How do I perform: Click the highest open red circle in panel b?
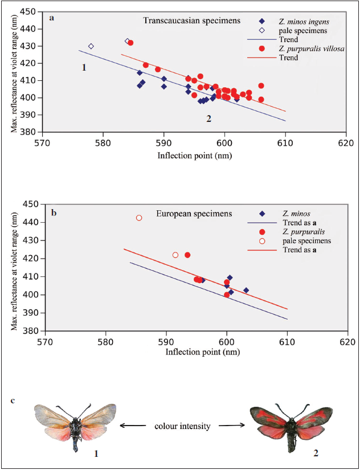138,218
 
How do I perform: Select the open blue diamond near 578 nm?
91,46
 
